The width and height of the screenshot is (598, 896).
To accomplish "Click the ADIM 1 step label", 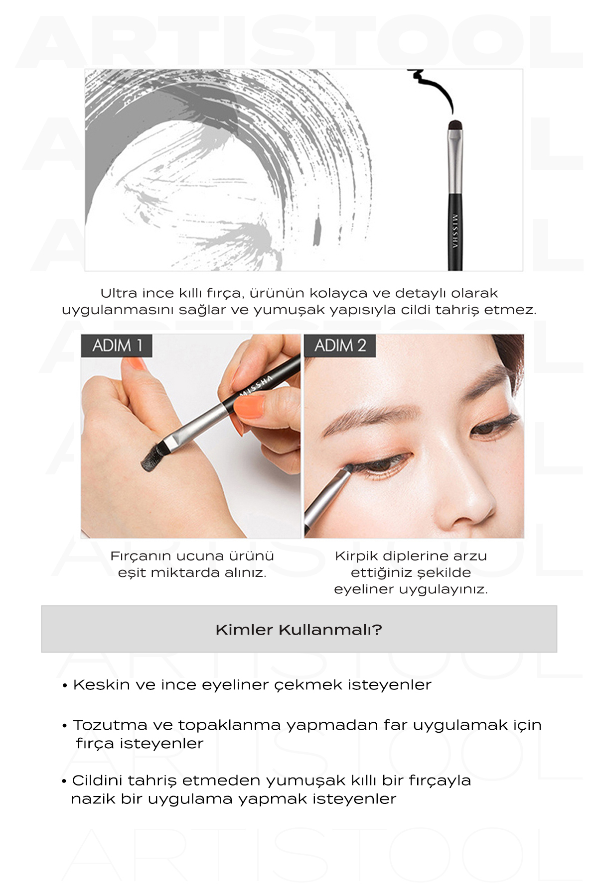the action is (117, 345).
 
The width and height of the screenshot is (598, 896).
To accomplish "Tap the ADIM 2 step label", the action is (340, 345).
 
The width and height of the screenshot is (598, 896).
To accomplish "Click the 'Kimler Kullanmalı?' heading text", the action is (299, 630).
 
